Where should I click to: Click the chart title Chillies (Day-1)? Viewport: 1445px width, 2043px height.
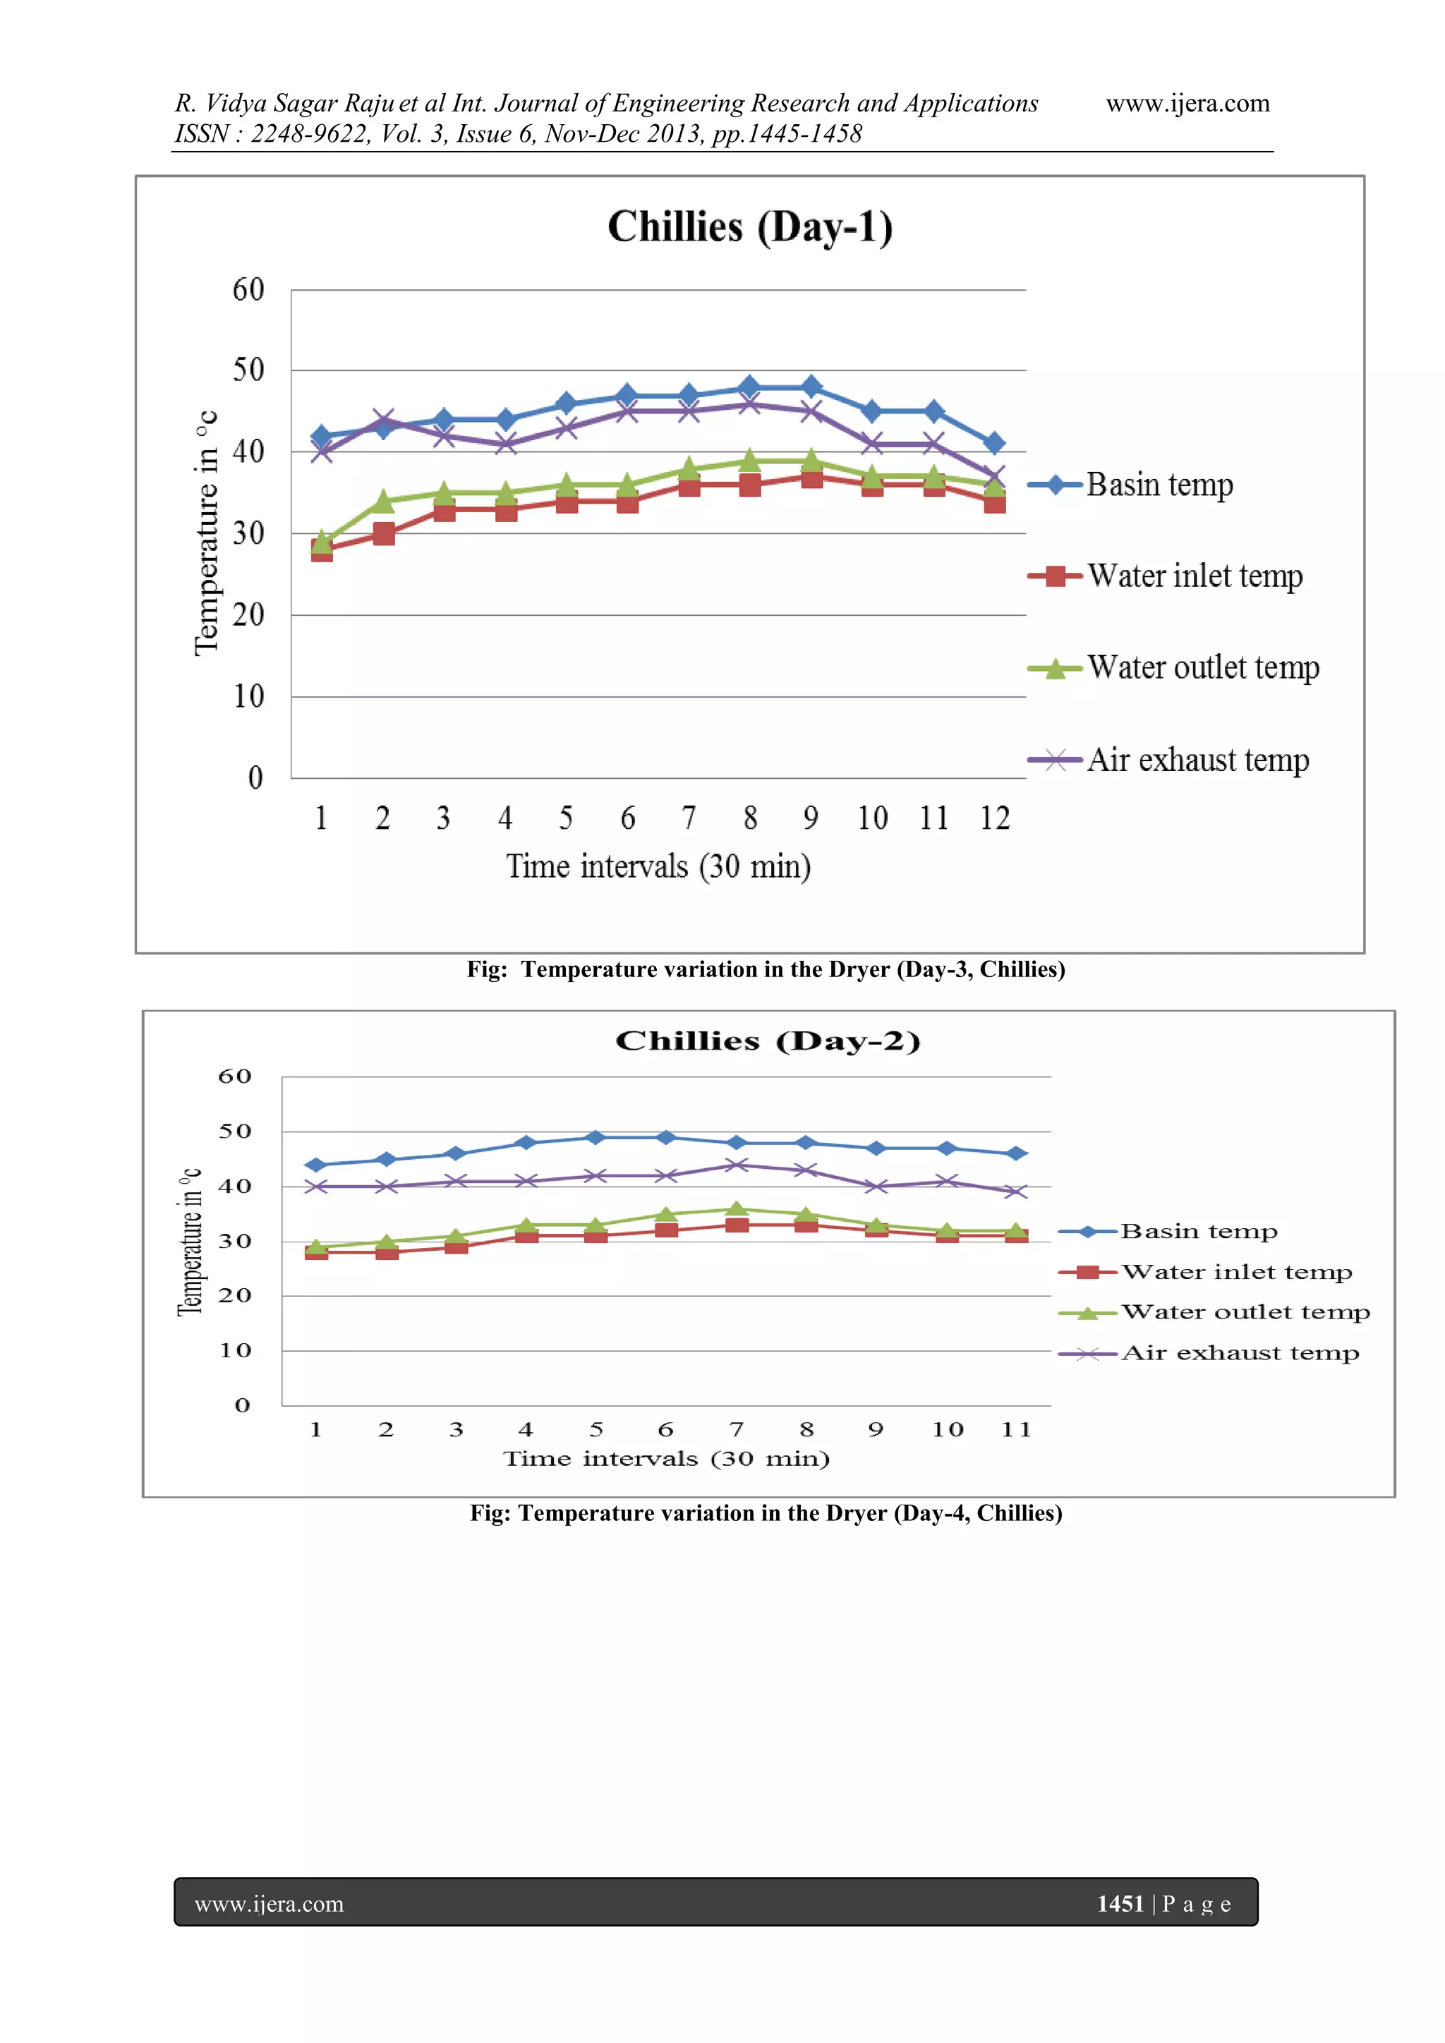click(x=749, y=227)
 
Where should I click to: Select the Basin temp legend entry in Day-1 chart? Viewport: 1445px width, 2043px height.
click(x=1159, y=485)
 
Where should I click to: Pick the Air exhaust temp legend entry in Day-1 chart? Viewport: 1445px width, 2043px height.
click(x=1197, y=760)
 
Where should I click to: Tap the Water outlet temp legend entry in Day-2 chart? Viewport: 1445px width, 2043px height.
click(x=1245, y=1312)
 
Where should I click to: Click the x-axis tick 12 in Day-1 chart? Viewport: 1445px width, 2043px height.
click(x=995, y=818)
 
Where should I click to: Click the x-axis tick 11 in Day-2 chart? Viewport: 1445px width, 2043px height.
click(x=1016, y=1430)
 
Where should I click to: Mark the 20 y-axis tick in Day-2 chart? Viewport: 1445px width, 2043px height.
click(x=235, y=1295)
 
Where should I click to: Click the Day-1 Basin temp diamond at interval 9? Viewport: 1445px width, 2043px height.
click(x=811, y=387)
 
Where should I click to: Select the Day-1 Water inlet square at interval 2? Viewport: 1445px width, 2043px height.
click(x=384, y=534)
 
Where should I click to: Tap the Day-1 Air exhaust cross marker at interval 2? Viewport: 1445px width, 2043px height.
click(x=384, y=419)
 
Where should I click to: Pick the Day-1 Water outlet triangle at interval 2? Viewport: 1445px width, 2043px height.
click(x=384, y=501)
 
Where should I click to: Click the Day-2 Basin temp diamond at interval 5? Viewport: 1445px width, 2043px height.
click(x=596, y=1137)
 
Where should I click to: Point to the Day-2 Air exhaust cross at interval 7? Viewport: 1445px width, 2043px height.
click(x=736, y=1165)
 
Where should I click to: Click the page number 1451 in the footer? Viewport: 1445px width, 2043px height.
click(x=1119, y=1903)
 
